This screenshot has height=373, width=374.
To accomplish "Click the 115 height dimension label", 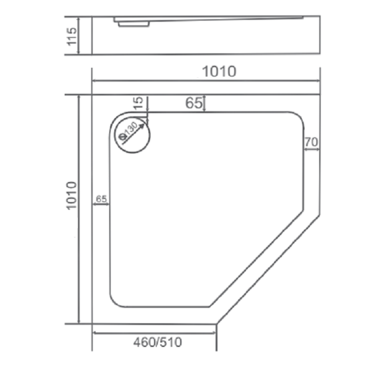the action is tap(72, 36).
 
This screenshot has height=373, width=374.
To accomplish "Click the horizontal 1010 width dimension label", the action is tap(219, 71).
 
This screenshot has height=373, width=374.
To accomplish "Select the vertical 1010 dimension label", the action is tap(71, 196).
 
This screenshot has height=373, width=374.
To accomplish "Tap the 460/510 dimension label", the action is tap(158, 342).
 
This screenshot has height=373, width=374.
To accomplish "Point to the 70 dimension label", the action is tap(311, 142).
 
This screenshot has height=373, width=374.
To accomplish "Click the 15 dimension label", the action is tap(138, 103).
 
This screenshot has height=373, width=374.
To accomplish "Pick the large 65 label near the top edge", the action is tap(194, 103).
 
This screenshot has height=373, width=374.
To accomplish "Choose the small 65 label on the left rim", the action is tap(101, 199).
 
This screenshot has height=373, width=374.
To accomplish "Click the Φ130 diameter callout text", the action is tap(129, 131).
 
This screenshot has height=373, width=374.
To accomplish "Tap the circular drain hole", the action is tap(132, 135).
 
